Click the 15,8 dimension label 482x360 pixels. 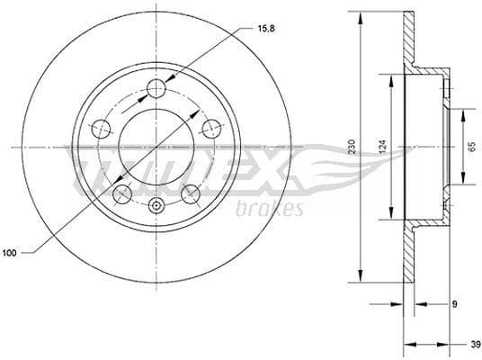pos(253,30)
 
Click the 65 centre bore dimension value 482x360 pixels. pos(471,147)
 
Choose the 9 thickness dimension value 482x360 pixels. pos(455,304)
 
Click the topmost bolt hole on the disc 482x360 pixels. pos(156,88)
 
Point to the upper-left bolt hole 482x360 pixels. pos(103,129)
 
